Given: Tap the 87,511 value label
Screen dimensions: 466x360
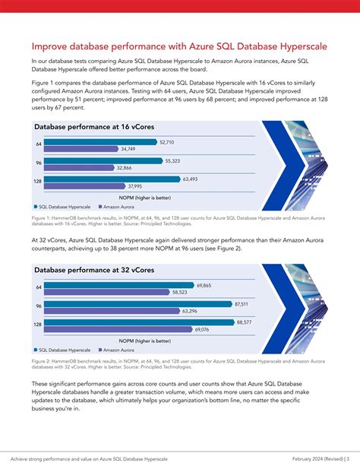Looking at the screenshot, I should point(243,303).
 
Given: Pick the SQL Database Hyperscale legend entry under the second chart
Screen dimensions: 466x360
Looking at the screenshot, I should point(62,349).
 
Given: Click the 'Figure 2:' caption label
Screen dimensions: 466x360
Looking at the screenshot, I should point(43,361).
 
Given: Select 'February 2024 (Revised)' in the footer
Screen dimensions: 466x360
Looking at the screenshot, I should point(311,458).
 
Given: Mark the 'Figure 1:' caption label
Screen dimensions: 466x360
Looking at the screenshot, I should point(43,217).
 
